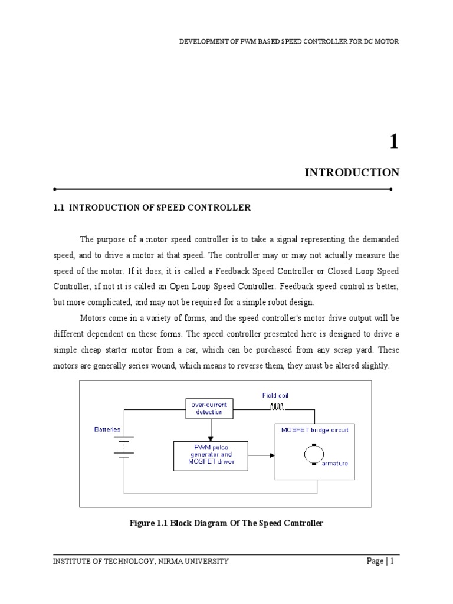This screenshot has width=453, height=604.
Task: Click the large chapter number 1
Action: tap(393, 142)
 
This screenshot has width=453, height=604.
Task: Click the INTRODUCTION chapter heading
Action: tap(352, 173)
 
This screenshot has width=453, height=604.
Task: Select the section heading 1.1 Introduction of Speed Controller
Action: tap(152, 208)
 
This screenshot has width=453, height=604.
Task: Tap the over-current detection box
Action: tap(209, 408)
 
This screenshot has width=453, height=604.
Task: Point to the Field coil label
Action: tap(275, 395)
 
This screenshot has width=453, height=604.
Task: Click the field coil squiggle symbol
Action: tap(277, 406)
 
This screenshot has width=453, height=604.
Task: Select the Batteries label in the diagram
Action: tap(107, 429)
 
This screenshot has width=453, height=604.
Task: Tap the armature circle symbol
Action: tap(314, 454)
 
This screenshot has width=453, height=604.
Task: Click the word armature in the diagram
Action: tap(334, 464)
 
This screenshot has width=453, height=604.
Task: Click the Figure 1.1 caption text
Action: tap(226, 523)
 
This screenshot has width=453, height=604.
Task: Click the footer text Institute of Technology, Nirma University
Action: tap(141, 561)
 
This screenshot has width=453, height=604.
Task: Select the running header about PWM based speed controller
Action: tap(289, 42)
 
